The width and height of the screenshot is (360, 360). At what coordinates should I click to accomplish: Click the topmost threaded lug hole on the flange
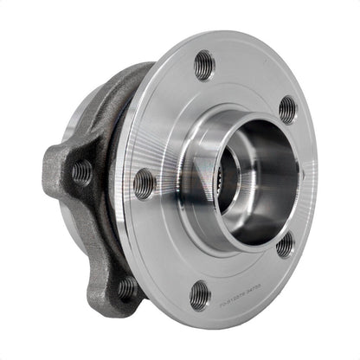point(204,64)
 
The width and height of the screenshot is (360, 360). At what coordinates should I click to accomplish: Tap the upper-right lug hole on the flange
point(287,110)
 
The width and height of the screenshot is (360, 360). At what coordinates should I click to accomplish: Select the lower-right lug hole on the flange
point(285,246)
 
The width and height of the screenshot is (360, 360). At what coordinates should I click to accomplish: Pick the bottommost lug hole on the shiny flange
point(199,294)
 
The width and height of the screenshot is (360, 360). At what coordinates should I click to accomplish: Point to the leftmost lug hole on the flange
point(144,183)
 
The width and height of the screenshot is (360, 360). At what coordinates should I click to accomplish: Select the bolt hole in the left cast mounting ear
point(82,171)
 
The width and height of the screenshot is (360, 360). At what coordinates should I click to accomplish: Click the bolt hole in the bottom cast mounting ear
point(127,286)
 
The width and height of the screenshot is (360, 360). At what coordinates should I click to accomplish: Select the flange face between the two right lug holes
point(299,177)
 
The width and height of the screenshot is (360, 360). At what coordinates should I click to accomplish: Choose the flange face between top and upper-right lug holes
point(251,78)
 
